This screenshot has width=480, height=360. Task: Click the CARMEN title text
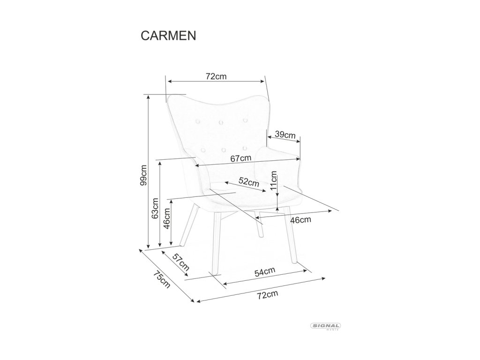[x=168, y=36]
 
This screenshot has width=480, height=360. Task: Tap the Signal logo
[x=325, y=326]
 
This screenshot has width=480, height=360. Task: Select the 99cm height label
[x=143, y=175]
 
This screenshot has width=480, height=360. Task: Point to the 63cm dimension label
[x=155, y=209]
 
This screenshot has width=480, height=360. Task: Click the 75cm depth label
[x=162, y=280]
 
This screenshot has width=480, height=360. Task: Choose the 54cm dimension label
[x=265, y=272]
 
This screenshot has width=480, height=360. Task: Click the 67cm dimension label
[x=241, y=158]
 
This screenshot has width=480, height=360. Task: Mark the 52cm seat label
[x=249, y=182]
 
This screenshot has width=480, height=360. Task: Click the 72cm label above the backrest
[x=216, y=76]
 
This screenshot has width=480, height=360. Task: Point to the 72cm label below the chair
[x=268, y=295]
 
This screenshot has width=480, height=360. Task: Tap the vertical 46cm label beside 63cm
[x=167, y=218]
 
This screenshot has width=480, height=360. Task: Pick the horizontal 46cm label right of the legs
[x=300, y=220]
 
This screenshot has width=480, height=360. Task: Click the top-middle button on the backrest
[x=220, y=122]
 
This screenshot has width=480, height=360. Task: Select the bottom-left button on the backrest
[x=202, y=150]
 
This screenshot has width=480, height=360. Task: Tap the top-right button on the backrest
[x=245, y=120]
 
